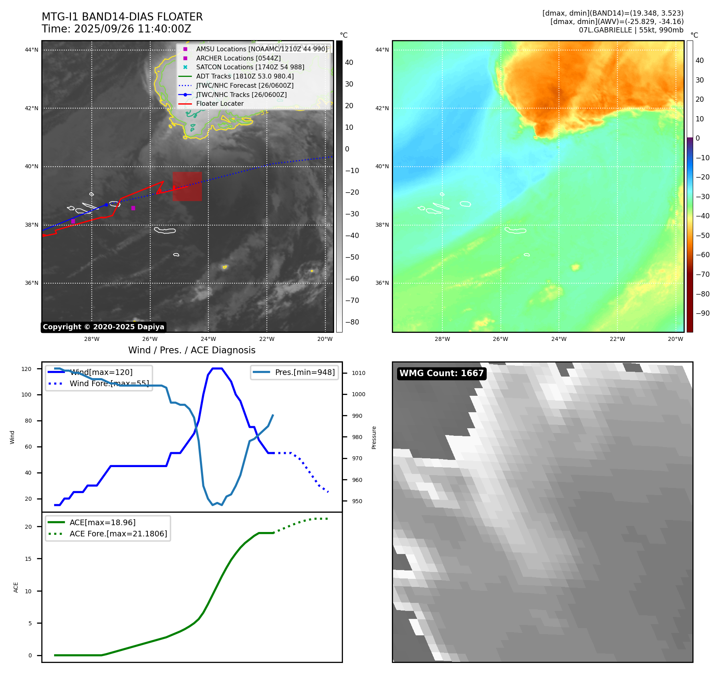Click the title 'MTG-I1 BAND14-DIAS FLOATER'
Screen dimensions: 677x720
point(122,17)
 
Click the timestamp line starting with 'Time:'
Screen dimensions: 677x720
point(116,29)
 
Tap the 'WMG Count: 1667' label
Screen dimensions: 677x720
point(442,373)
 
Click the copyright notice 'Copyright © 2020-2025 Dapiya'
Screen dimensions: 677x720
point(103,327)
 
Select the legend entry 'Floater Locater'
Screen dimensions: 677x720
point(220,103)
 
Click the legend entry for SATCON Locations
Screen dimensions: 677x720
point(250,67)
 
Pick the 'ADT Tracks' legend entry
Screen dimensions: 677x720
point(245,76)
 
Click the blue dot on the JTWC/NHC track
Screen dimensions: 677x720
point(106,205)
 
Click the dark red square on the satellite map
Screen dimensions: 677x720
point(187,186)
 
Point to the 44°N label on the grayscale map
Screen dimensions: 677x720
point(32,50)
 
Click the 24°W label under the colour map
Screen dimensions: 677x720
point(559,339)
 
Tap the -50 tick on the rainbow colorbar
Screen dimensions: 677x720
point(702,236)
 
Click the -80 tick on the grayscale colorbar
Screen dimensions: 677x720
point(352,322)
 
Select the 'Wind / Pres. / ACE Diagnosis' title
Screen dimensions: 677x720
point(192,350)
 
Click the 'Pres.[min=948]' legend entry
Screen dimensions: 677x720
point(305,372)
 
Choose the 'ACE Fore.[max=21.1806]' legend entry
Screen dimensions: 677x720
point(118,534)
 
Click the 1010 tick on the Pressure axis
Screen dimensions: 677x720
point(359,373)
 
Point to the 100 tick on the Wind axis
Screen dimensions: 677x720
point(26,395)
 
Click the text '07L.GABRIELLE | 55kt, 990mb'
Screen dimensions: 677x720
point(631,30)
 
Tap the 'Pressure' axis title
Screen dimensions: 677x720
point(374,437)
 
